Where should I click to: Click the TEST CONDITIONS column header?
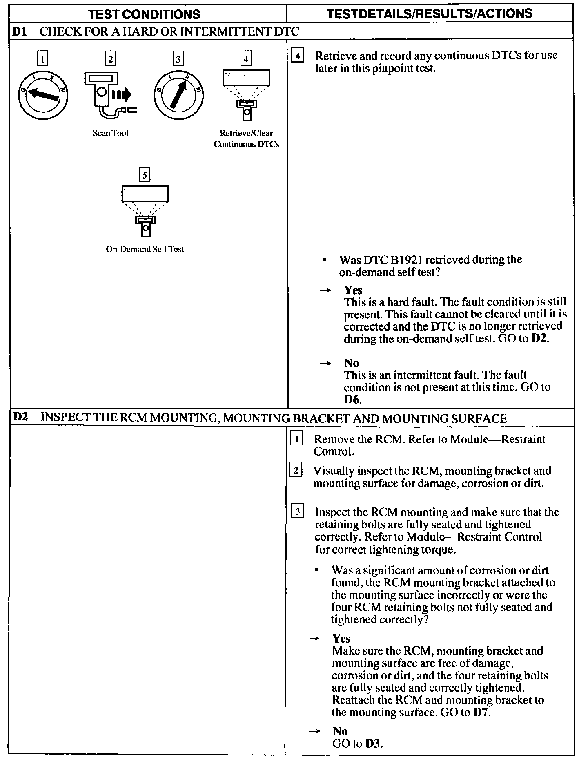pyautogui.click(x=144, y=14)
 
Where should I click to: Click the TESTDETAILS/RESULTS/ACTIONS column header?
pyautogui.click(x=430, y=13)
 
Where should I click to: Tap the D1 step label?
pyautogui.click(x=20, y=31)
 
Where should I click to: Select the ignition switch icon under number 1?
pyautogui.click(x=43, y=95)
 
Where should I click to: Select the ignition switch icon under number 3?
pyautogui.click(x=178, y=95)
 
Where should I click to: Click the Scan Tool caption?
pyautogui.click(x=110, y=133)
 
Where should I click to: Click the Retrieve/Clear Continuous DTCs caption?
pyautogui.click(x=246, y=139)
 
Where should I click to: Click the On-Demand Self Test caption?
pyautogui.click(x=145, y=249)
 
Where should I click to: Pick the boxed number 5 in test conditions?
pyautogui.click(x=145, y=175)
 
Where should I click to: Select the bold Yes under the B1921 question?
pyautogui.click(x=353, y=290)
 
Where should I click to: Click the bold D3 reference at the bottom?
pyautogui.click(x=373, y=744)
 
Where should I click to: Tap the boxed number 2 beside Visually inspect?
pyautogui.click(x=296, y=471)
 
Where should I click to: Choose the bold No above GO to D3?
pyautogui.click(x=340, y=731)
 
